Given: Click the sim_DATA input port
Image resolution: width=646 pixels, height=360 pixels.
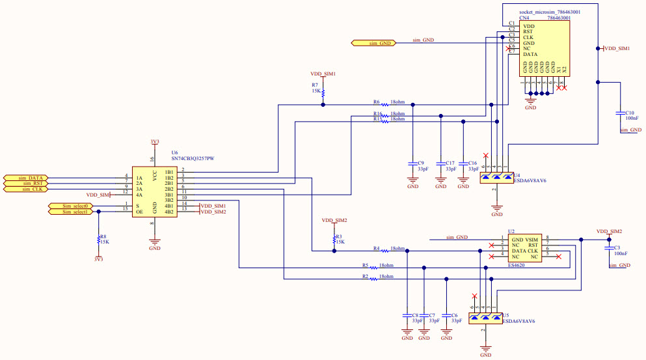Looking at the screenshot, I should [25, 177].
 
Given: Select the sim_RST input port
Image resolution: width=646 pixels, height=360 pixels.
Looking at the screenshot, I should [25, 183].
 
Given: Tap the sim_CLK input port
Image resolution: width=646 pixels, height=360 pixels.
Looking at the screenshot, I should [25, 189].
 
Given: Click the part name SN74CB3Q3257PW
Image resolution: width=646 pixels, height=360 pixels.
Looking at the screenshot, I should [193, 158].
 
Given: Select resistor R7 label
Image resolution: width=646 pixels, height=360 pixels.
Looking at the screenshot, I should [315, 85].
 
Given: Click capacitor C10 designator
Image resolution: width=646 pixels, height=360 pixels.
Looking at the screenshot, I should [630, 113].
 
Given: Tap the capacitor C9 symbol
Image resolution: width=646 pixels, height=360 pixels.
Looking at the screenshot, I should [412, 160].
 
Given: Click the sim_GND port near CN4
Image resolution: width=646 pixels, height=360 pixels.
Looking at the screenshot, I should [375, 43].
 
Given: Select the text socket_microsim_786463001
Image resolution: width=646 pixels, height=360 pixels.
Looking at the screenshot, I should [550, 12].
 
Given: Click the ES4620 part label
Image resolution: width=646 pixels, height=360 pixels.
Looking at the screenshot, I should [516, 265].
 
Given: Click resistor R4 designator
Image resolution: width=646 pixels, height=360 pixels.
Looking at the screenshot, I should [377, 248].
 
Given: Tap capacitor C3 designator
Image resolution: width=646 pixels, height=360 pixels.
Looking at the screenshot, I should [617, 247].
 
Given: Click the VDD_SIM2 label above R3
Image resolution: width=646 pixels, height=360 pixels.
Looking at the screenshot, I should [334, 221].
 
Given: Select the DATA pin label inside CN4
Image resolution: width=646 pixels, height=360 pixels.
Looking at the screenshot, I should [530, 55].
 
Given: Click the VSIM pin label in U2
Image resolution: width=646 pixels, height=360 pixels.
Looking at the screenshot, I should [532, 239].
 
